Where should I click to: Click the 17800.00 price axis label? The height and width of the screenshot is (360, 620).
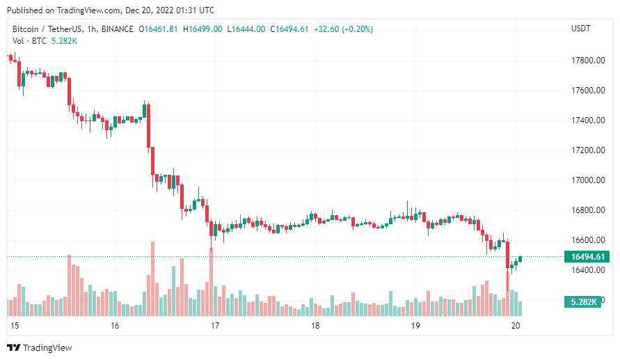[x=587, y=61]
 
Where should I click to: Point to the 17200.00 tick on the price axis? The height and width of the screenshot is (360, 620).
[x=587, y=150]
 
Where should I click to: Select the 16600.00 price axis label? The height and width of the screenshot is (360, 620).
[x=587, y=240]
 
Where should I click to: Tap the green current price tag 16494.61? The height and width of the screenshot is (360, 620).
[x=586, y=257]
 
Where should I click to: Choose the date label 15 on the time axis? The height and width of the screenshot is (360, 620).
[x=15, y=326]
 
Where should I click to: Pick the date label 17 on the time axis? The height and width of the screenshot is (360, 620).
[x=215, y=326]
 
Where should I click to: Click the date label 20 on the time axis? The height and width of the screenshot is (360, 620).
[x=516, y=326]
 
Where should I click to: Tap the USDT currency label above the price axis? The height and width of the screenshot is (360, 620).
[x=580, y=29]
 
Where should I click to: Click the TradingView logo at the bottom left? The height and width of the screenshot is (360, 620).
[x=40, y=347]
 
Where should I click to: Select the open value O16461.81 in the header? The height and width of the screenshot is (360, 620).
[x=159, y=29]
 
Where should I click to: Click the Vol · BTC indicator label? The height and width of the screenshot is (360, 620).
[x=26, y=41]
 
